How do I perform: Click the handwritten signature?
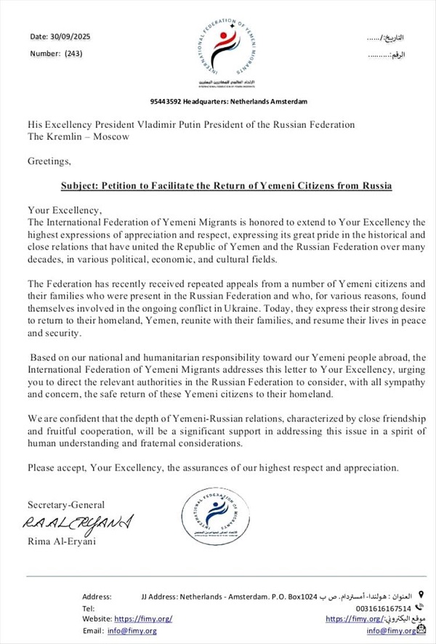click(x=78, y=522)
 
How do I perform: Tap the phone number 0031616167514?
click(x=384, y=608)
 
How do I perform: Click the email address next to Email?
click(x=132, y=630)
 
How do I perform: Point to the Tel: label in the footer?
click(x=89, y=608)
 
